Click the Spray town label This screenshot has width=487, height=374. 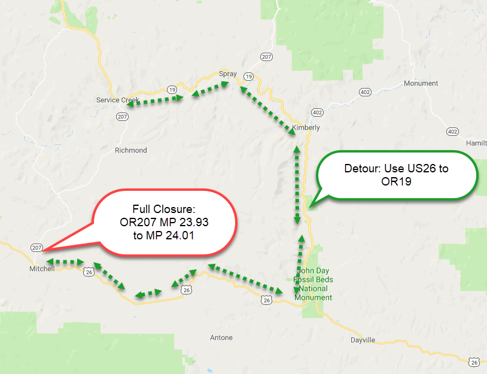coord(228,74)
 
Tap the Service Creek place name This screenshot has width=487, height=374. coord(118,100)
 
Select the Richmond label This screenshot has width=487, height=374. coord(130,150)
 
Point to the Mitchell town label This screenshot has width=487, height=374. coord(42,269)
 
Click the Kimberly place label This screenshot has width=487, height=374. coord(306,127)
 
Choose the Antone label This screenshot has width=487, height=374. coord(221,337)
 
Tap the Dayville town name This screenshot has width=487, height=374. coord(363,339)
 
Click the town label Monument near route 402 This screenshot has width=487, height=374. coord(421,83)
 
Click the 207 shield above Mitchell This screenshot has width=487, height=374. coord(36,247)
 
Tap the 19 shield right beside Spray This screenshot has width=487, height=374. coord(249,76)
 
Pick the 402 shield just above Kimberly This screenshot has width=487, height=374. coord(317,112)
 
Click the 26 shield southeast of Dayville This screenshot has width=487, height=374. coord(474,362)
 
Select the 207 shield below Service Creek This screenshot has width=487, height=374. coord(122,117)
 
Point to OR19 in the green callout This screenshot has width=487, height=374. coord(397,180)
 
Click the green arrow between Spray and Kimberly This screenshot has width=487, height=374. coord(269,111)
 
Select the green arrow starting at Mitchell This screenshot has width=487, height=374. coord(65,262)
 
